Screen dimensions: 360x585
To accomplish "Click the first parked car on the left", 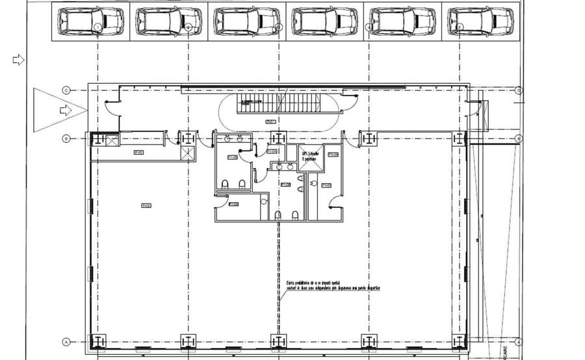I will [x=90, y=21].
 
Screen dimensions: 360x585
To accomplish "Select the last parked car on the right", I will [x=480, y=21].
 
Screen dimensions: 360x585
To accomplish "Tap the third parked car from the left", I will [x=246, y=21].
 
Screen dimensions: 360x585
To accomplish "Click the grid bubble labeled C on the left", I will [x=66, y=90].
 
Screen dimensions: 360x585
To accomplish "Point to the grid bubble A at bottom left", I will [x=66, y=342].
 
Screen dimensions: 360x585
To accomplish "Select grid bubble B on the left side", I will [x=66, y=138].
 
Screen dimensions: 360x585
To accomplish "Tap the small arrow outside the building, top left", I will [x=18, y=60].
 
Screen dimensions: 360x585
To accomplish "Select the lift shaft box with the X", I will [x=310, y=159].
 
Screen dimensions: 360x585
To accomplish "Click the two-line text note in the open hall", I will [x=331, y=285].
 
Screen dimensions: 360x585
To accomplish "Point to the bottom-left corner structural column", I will [x=97, y=341].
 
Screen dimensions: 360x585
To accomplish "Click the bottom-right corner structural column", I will [x=460, y=341].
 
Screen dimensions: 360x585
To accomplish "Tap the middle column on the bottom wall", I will [x=278, y=341].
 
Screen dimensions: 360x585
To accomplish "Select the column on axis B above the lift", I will [x=278, y=138].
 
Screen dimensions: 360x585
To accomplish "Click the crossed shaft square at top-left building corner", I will [x=110, y=139].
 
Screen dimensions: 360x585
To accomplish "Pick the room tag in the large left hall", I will [x=146, y=206].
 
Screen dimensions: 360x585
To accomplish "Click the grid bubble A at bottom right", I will [x=519, y=342].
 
